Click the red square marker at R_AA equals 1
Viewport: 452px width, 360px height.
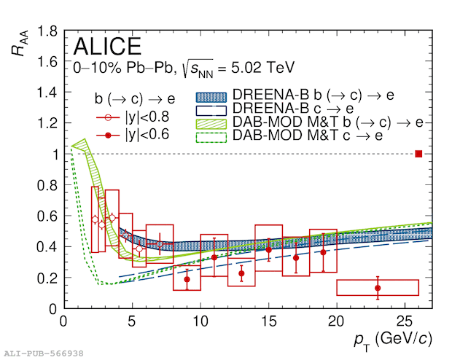418,154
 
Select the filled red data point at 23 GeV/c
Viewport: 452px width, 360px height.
378,288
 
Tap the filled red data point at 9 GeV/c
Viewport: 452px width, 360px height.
187,279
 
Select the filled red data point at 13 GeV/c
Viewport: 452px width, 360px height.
241,273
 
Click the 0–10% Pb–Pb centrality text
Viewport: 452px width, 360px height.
123,69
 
